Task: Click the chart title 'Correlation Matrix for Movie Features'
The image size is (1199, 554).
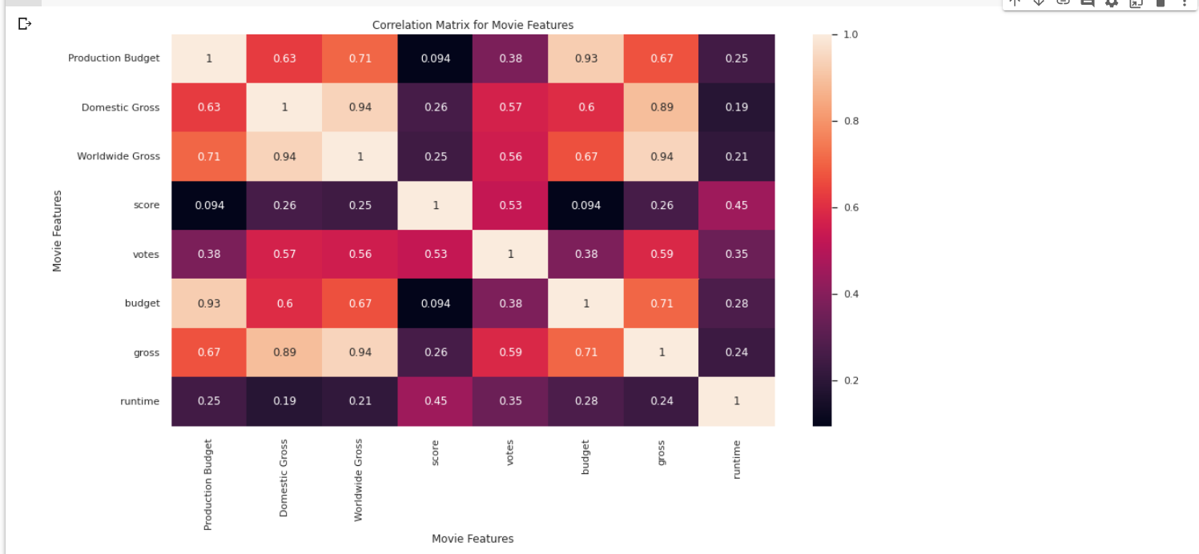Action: [473, 25]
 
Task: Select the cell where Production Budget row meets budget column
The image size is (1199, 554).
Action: [585, 58]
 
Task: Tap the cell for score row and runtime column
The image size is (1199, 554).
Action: [737, 205]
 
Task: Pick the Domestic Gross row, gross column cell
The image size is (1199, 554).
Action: [661, 107]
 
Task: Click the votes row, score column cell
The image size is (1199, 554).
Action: [435, 255]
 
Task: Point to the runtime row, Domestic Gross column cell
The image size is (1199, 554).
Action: [284, 401]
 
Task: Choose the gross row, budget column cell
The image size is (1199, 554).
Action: [585, 352]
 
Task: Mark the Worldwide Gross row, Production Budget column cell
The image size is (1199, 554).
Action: [209, 156]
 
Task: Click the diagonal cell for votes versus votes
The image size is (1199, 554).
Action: [510, 255]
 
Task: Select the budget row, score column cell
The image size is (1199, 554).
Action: [435, 303]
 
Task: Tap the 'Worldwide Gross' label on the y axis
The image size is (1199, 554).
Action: [119, 156]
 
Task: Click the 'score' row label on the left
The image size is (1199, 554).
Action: [147, 205]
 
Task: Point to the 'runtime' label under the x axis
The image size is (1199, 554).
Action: [737, 460]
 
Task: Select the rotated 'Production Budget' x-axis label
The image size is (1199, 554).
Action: [208, 485]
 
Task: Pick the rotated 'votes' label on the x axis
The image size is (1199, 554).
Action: [509, 452]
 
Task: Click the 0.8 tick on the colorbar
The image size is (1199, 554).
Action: [851, 121]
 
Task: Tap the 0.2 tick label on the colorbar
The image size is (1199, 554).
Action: [851, 380]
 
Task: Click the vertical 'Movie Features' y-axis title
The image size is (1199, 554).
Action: [58, 231]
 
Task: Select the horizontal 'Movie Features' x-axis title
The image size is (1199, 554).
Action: [473, 539]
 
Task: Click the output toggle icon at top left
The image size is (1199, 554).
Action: [25, 23]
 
